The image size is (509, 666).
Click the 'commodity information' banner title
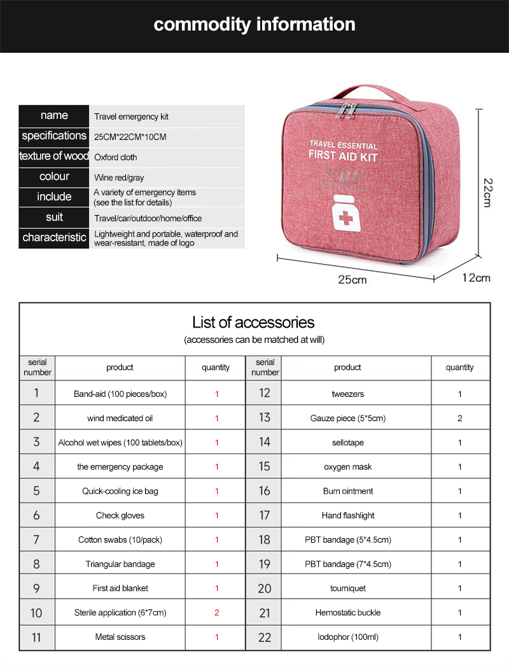pos(254,25)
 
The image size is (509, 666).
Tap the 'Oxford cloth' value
pos(115,157)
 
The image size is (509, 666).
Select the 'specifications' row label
pos(54,136)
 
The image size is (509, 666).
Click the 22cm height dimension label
pos(487,191)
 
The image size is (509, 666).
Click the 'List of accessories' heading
pos(253,322)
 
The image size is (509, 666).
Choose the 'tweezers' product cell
pos(347,394)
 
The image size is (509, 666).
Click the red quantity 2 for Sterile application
pos(216,613)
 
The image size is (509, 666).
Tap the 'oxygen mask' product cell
pos(347,467)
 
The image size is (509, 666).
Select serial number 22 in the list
pos(265,637)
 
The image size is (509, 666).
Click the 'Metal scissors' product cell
pos(120,637)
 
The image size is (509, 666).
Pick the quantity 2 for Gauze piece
pos(459,419)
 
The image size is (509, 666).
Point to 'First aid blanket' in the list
pos(120,588)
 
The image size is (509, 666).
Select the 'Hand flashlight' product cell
pos(347,515)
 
